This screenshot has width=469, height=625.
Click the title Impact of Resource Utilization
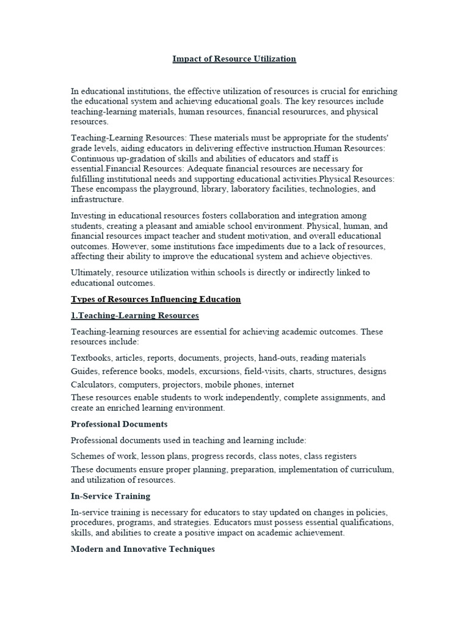pos(234,59)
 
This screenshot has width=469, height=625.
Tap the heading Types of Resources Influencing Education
pos(156,299)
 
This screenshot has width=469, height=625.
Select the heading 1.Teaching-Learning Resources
pos(135,316)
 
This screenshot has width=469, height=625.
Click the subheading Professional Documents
pos(119,424)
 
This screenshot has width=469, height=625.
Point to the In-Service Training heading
pos(111,496)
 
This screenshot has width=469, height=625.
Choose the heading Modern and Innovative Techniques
pos(143,549)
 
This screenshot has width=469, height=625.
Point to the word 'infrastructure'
pos(97,200)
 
